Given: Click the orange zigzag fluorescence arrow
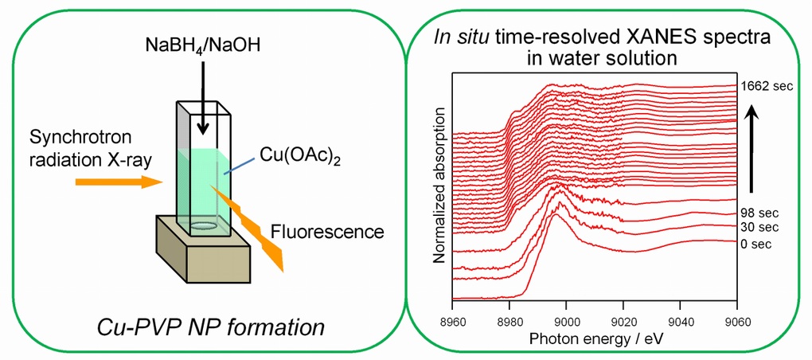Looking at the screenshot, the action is [x=248, y=228].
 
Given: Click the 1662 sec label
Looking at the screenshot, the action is [x=767, y=86].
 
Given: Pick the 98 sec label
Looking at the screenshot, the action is [x=759, y=213].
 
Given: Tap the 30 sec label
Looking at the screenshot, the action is [x=759, y=227].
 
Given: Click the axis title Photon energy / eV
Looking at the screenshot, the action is [x=594, y=338].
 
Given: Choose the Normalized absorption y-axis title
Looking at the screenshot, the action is [x=439, y=186].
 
